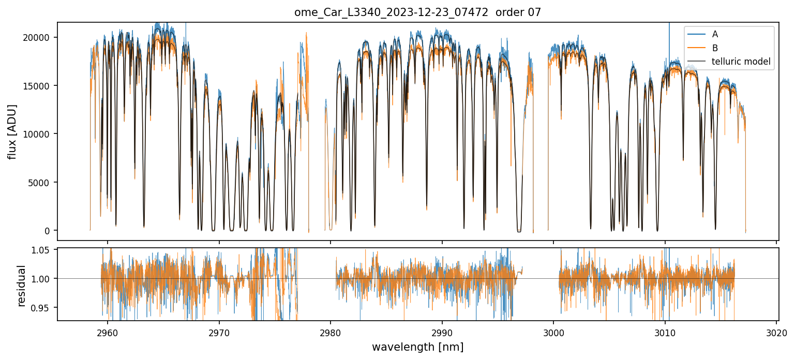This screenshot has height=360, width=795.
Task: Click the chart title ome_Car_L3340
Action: (417, 12)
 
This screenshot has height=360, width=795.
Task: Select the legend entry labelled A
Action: (715, 34)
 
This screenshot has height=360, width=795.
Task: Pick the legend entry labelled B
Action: (715, 48)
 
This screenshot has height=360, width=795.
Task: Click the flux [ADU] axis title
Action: (12, 131)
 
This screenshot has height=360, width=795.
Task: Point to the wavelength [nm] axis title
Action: (417, 347)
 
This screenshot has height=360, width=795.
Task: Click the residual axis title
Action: (22, 286)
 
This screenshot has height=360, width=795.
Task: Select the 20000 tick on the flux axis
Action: (40, 37)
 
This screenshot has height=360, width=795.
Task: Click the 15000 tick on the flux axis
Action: (40, 86)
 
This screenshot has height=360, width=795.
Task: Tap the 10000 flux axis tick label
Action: (40, 134)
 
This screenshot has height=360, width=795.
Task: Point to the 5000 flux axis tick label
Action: (42, 183)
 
